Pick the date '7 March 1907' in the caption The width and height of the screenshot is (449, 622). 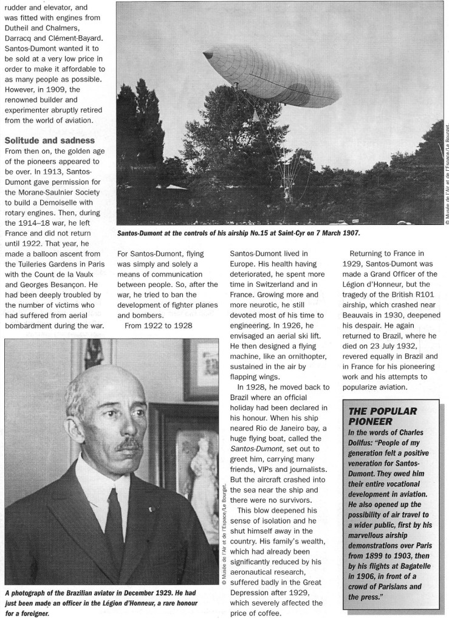[329, 233]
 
